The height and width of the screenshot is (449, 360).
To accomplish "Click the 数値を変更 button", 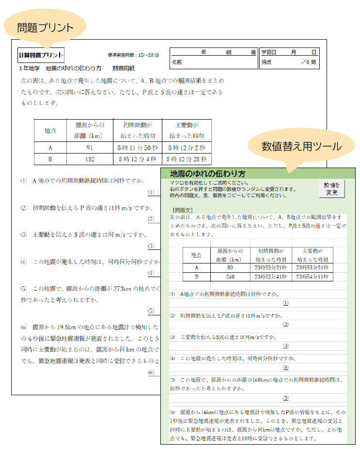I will click(x=332, y=188).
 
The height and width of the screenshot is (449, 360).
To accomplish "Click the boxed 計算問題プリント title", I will click(x=41, y=55).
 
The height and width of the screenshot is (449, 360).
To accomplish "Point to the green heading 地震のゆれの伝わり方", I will click(x=208, y=173).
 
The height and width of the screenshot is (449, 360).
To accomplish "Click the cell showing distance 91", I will click(x=90, y=148).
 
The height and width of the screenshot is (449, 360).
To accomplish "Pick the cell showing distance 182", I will click(x=90, y=159).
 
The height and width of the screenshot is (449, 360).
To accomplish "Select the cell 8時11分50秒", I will click(x=138, y=148).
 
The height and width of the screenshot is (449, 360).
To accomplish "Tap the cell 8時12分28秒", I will click(x=187, y=159).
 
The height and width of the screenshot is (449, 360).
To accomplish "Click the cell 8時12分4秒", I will click(x=138, y=159).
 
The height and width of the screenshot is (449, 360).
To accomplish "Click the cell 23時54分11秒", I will click(x=311, y=277).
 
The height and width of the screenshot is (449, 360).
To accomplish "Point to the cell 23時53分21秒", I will click(x=271, y=267).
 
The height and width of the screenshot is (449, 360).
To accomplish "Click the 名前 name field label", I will click(x=177, y=62).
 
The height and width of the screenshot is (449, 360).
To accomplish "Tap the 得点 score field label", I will click(x=266, y=62).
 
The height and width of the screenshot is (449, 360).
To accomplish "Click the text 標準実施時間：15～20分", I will click(x=133, y=55).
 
